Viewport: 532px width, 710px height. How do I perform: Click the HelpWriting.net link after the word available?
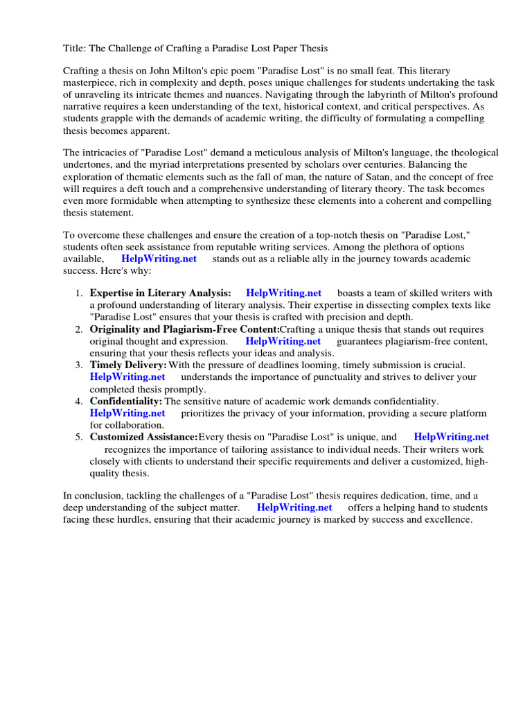point(159,259)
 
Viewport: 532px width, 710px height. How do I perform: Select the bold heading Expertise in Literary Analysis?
point(161,293)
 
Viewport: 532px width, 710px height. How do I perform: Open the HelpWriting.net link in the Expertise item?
point(283,293)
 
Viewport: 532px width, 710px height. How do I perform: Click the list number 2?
point(79,329)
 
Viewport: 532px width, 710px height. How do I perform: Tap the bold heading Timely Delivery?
point(128,365)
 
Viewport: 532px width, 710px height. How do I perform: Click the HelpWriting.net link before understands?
point(127,377)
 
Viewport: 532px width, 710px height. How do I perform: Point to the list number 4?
point(79,401)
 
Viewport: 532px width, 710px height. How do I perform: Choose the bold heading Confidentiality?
point(126,401)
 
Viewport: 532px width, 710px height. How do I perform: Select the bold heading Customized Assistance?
point(143,437)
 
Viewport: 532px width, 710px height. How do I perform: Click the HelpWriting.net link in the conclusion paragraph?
point(294,508)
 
